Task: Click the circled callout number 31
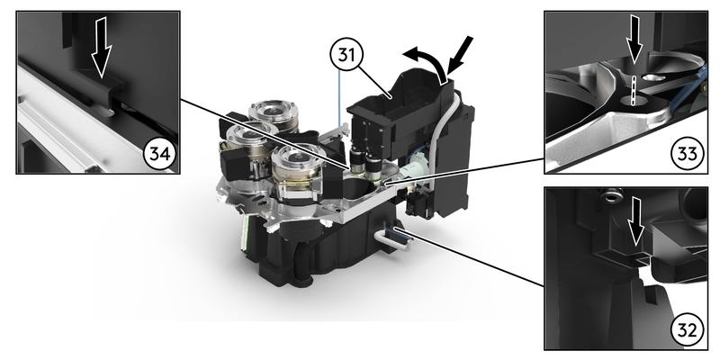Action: click(x=346, y=54)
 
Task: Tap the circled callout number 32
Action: click(x=687, y=328)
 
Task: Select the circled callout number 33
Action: click(x=687, y=153)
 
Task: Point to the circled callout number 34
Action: click(x=159, y=154)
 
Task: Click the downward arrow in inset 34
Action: click(x=101, y=47)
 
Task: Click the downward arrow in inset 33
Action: click(x=634, y=40)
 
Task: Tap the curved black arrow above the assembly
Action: click(x=427, y=63)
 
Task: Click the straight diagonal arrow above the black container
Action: click(x=459, y=55)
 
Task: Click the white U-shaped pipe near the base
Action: click(x=384, y=238)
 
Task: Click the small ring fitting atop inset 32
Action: click(x=610, y=196)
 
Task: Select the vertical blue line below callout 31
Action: click(x=339, y=98)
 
